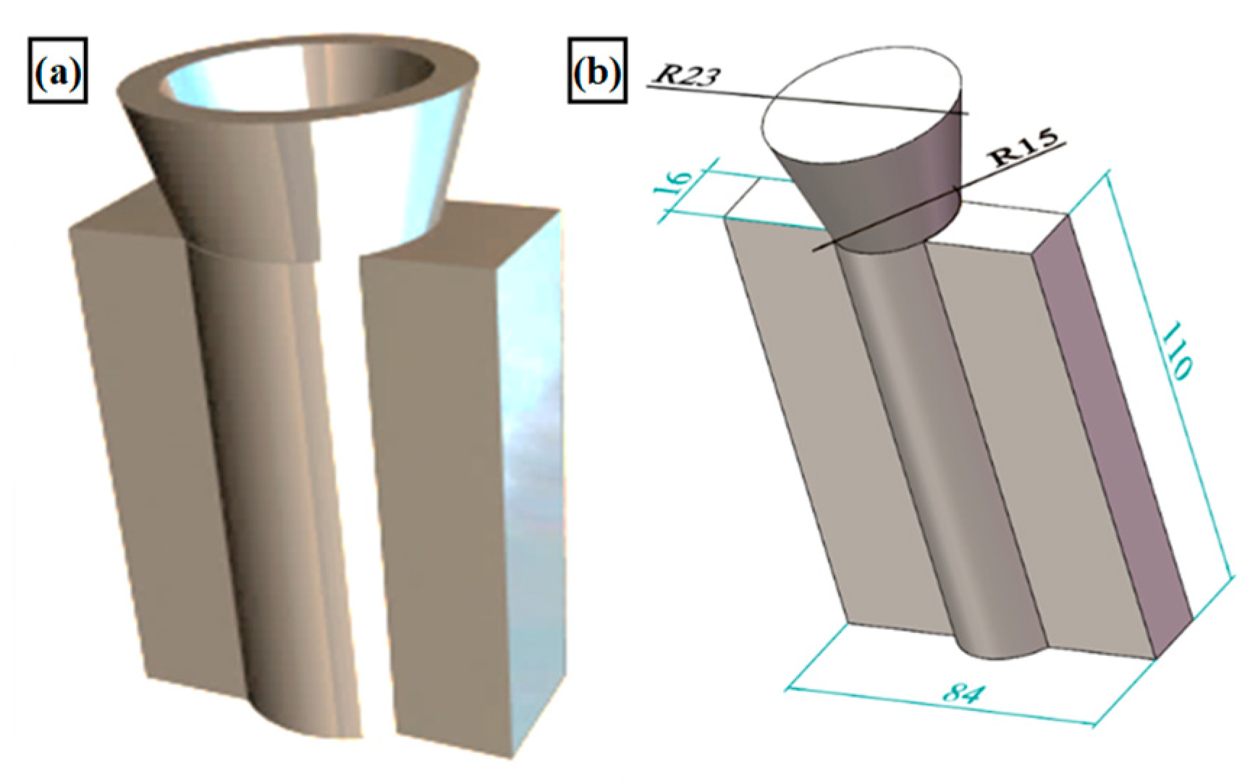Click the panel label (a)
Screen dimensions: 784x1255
click(57, 71)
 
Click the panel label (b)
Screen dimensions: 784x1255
click(596, 71)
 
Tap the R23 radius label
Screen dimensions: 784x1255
click(685, 74)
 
